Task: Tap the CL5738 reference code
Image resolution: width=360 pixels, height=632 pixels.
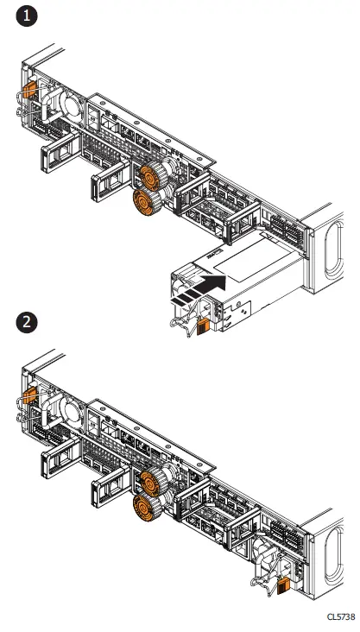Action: (340, 616)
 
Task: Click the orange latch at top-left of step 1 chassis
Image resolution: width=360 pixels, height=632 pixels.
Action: (28, 89)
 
